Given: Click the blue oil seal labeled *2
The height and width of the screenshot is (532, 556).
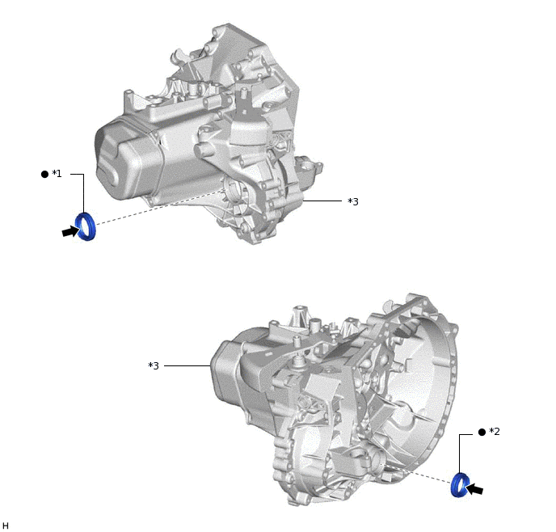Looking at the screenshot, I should point(460,483).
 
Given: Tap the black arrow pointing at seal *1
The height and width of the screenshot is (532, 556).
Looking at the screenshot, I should point(69,232).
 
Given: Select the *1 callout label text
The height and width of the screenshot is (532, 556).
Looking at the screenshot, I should point(57,174).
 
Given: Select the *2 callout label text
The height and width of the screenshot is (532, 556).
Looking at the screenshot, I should point(494,432).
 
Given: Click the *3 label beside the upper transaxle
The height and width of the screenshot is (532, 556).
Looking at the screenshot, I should point(352,201).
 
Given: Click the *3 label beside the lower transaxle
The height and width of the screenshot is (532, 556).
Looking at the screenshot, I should point(154,366).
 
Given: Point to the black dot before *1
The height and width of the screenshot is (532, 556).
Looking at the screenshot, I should point(44,174).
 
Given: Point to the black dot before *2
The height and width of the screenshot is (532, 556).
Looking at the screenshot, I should point(482,432).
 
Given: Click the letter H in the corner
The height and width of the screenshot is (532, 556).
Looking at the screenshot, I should point(6,526).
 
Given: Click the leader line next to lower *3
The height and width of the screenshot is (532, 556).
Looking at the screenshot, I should point(187,366).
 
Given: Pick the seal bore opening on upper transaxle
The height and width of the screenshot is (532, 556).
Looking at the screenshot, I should point(232,192).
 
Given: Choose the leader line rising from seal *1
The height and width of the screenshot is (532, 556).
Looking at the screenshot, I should point(84,194).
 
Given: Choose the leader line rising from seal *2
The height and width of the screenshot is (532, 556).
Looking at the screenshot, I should point(460,453).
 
